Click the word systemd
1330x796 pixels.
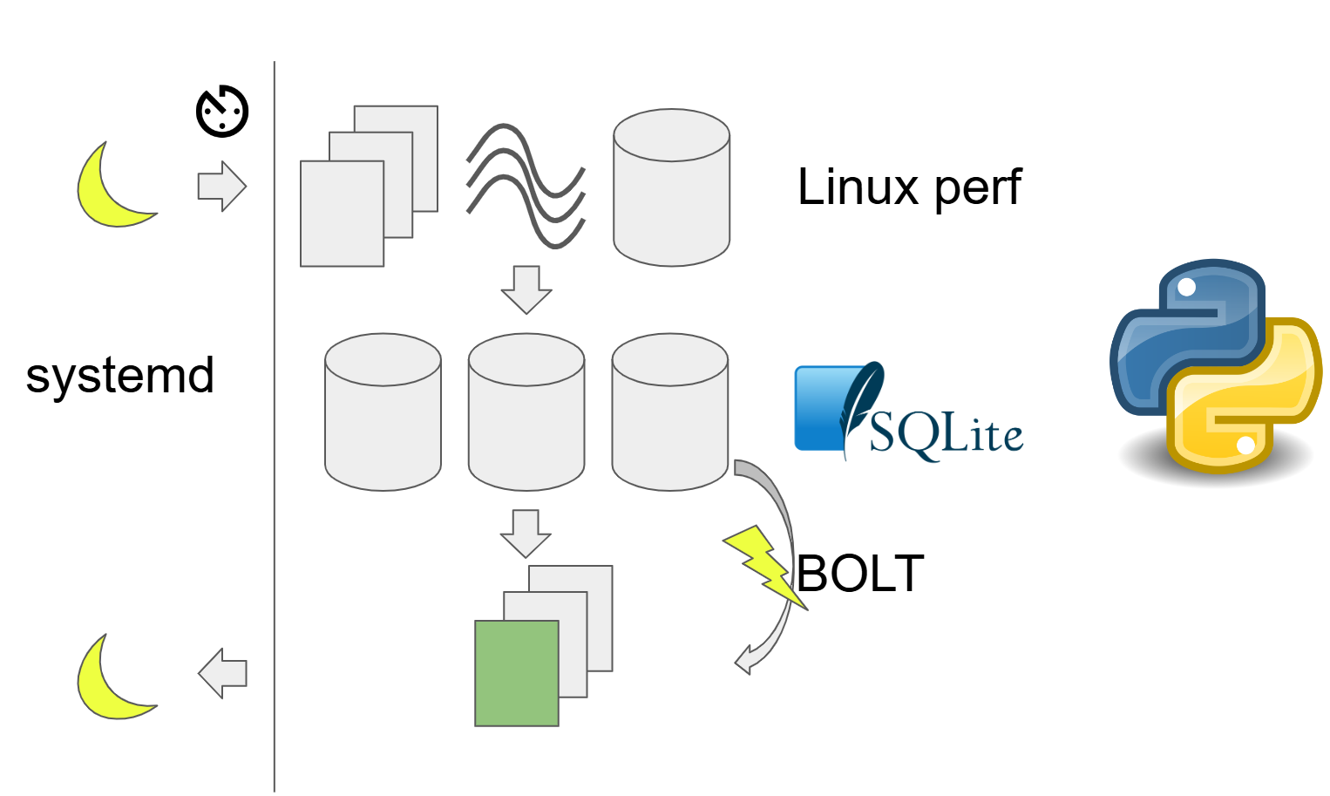coord(120,377)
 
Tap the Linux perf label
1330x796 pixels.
coord(908,187)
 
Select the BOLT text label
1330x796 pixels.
coord(860,574)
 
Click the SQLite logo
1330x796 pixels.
coord(908,412)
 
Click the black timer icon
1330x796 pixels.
coord(222,112)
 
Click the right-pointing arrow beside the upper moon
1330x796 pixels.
coord(222,186)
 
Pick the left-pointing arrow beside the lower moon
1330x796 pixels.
coord(222,673)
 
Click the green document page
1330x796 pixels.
coord(516,673)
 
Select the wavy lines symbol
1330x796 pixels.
coord(526,186)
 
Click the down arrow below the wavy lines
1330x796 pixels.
coord(526,289)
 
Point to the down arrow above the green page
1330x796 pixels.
coord(526,534)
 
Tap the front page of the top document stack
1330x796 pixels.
coord(342,214)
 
